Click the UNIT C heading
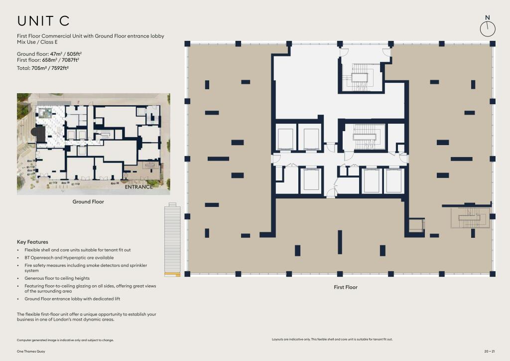(43, 21)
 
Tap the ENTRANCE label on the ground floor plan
(138, 187)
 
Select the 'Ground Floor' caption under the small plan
(88, 202)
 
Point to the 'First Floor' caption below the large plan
(346, 287)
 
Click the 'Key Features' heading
(32, 242)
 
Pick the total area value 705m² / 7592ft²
(50, 68)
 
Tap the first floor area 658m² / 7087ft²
(60, 60)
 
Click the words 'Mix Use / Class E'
(37, 42)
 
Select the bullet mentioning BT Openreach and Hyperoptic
(69, 257)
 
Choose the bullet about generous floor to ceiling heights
(57, 278)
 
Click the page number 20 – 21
(490, 351)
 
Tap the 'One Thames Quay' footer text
(31, 351)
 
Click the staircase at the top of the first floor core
(361, 77)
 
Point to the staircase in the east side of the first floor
(470, 217)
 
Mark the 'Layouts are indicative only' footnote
(332, 339)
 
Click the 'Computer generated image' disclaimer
(65, 340)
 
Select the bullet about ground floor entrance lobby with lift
(72, 299)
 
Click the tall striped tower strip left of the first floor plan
(172, 239)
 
